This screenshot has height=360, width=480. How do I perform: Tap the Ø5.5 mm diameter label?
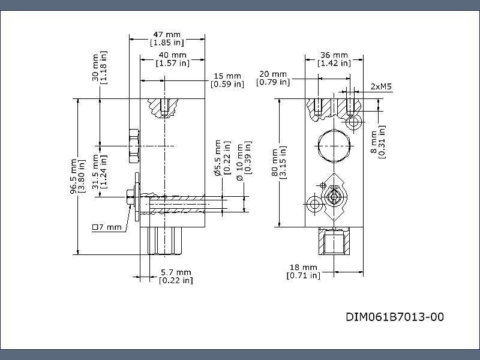click(221, 158)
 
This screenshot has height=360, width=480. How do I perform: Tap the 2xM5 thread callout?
click(381, 86)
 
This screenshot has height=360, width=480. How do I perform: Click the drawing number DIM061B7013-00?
click(395, 317)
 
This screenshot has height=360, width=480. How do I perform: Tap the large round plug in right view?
click(332, 145)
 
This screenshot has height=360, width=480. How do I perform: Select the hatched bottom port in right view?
click(333, 243)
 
